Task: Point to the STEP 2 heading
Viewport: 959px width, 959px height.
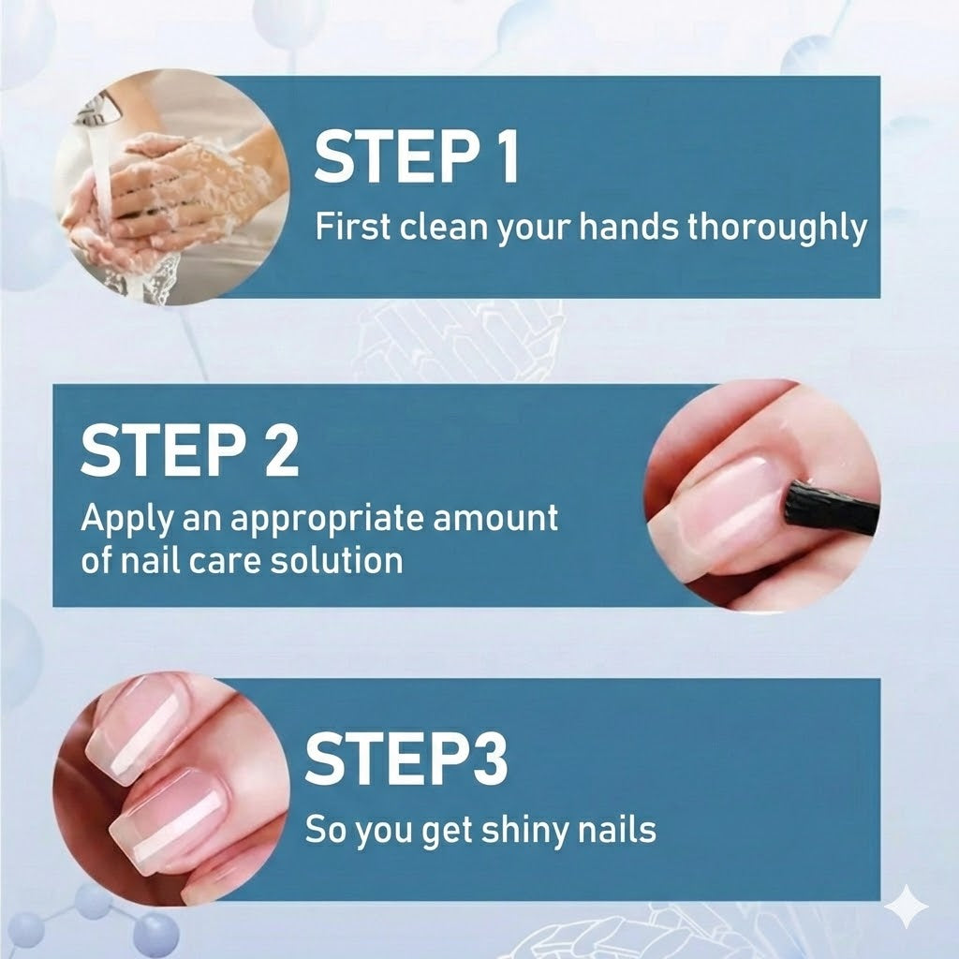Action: click(190, 450)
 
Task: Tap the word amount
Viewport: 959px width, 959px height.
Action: click(497, 518)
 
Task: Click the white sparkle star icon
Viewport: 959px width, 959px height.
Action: click(907, 907)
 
